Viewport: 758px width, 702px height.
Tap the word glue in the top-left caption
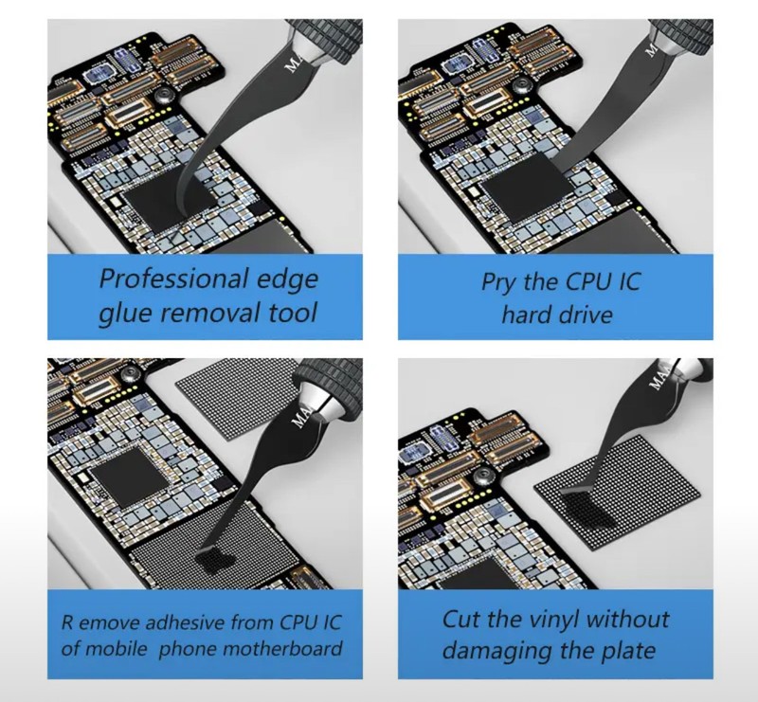pyautogui.click(x=125, y=314)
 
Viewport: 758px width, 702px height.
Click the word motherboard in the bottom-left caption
pyautogui.click(x=283, y=648)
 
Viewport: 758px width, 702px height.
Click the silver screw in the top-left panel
pyautogui.click(x=163, y=97)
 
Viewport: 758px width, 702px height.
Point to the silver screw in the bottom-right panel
pyautogui.click(x=484, y=476)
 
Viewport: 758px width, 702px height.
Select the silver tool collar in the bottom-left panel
pyautogui.click(x=320, y=403)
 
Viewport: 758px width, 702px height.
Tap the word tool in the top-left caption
pyautogui.click(x=292, y=313)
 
